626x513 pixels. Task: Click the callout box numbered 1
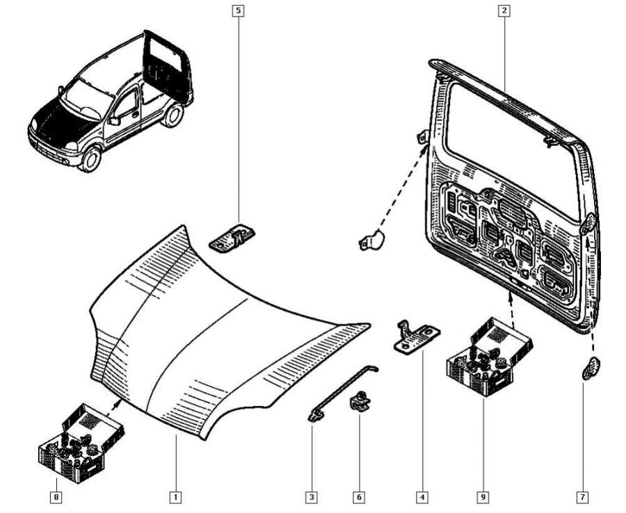point(176,497)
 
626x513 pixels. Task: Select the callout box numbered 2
point(504,10)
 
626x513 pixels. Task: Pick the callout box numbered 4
point(422,497)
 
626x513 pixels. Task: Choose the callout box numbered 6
point(359,497)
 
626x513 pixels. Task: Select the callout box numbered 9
point(481,497)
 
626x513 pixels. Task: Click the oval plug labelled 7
point(592,367)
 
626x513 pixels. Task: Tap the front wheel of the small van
point(89,160)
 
